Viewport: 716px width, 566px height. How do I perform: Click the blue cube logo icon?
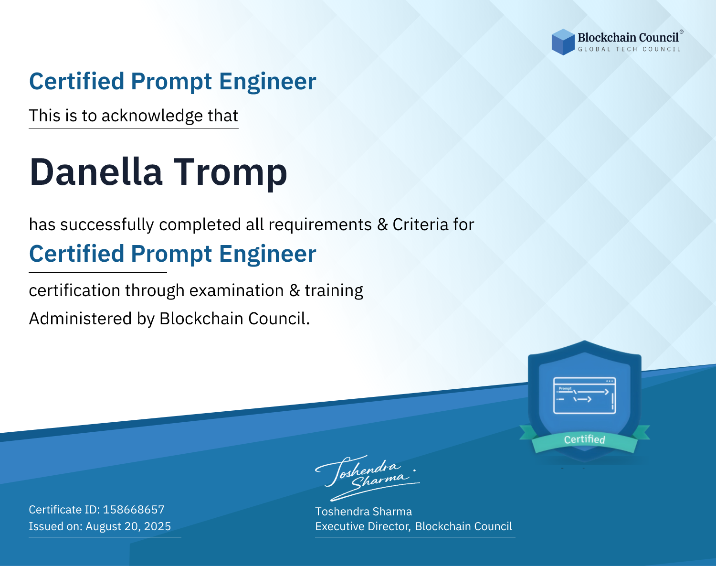(x=563, y=42)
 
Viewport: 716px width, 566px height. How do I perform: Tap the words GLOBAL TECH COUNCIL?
(x=629, y=49)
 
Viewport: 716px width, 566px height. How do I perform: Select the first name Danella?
(x=96, y=172)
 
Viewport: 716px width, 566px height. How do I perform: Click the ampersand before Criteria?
(x=382, y=224)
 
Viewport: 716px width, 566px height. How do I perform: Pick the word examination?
(x=236, y=290)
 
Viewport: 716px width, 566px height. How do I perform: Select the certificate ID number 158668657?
(x=134, y=509)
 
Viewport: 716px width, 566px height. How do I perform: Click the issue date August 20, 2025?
(x=128, y=526)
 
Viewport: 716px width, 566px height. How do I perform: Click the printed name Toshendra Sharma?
(x=363, y=512)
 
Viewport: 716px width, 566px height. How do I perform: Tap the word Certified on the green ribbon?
(x=584, y=439)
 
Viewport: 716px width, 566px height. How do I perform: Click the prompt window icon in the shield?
(x=584, y=395)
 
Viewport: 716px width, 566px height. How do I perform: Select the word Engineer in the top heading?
(x=267, y=82)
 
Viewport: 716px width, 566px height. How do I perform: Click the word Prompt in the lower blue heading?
(x=171, y=255)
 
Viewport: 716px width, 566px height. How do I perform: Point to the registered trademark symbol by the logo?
(x=682, y=32)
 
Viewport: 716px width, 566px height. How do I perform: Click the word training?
(x=334, y=291)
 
